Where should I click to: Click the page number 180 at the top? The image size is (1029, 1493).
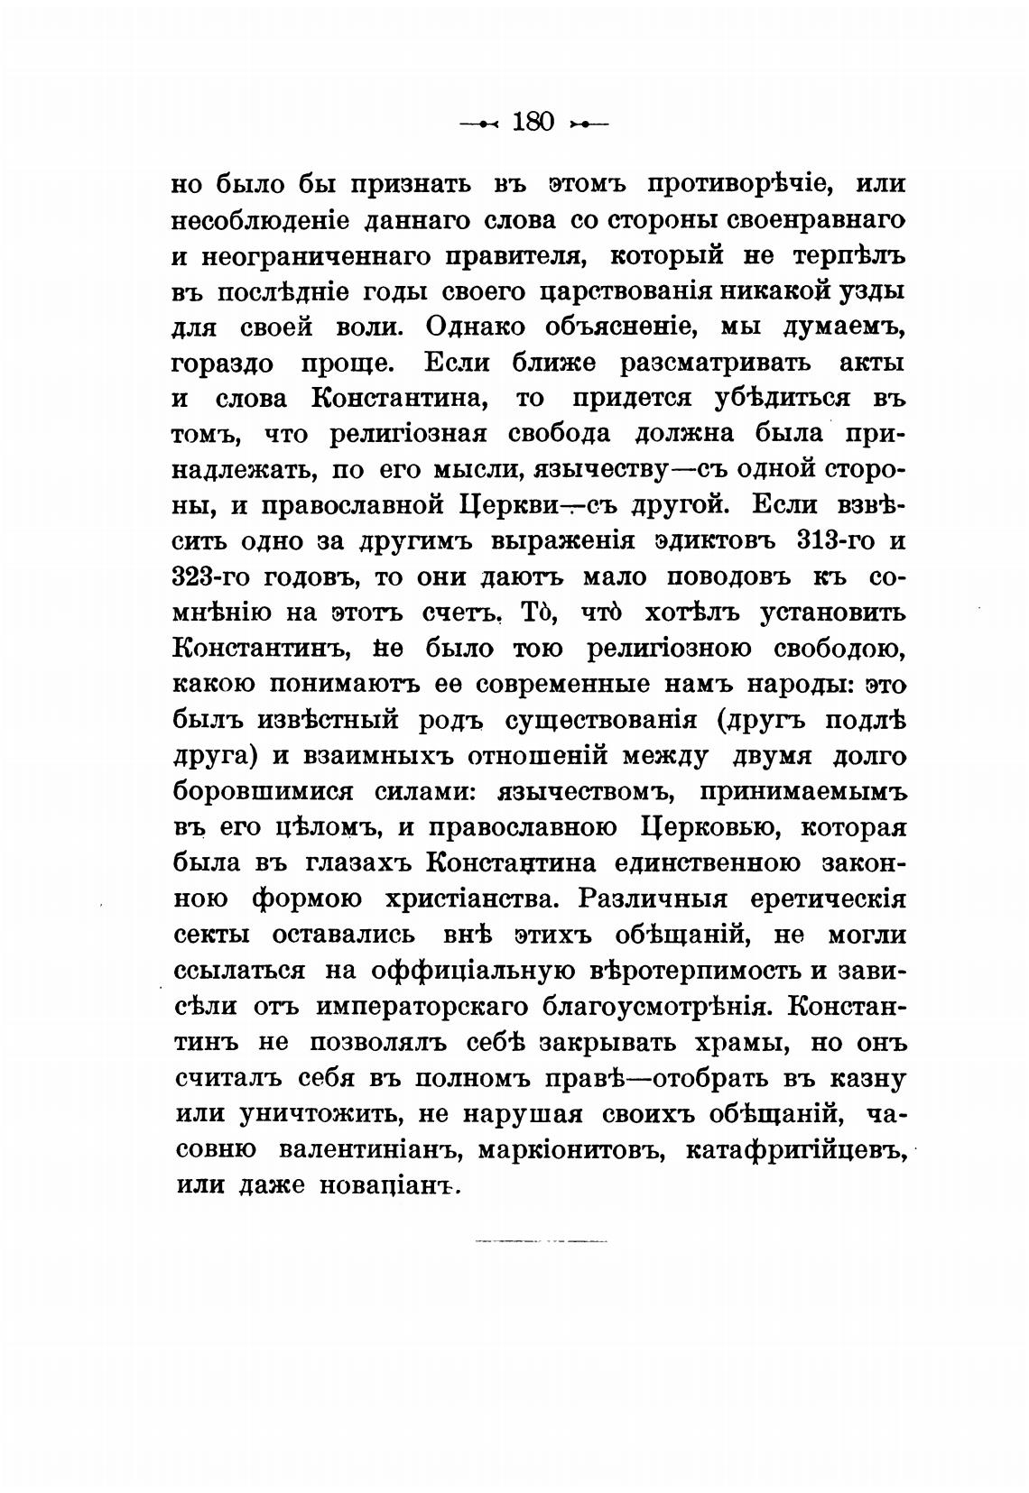532,121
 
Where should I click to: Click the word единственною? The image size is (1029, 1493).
707,863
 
